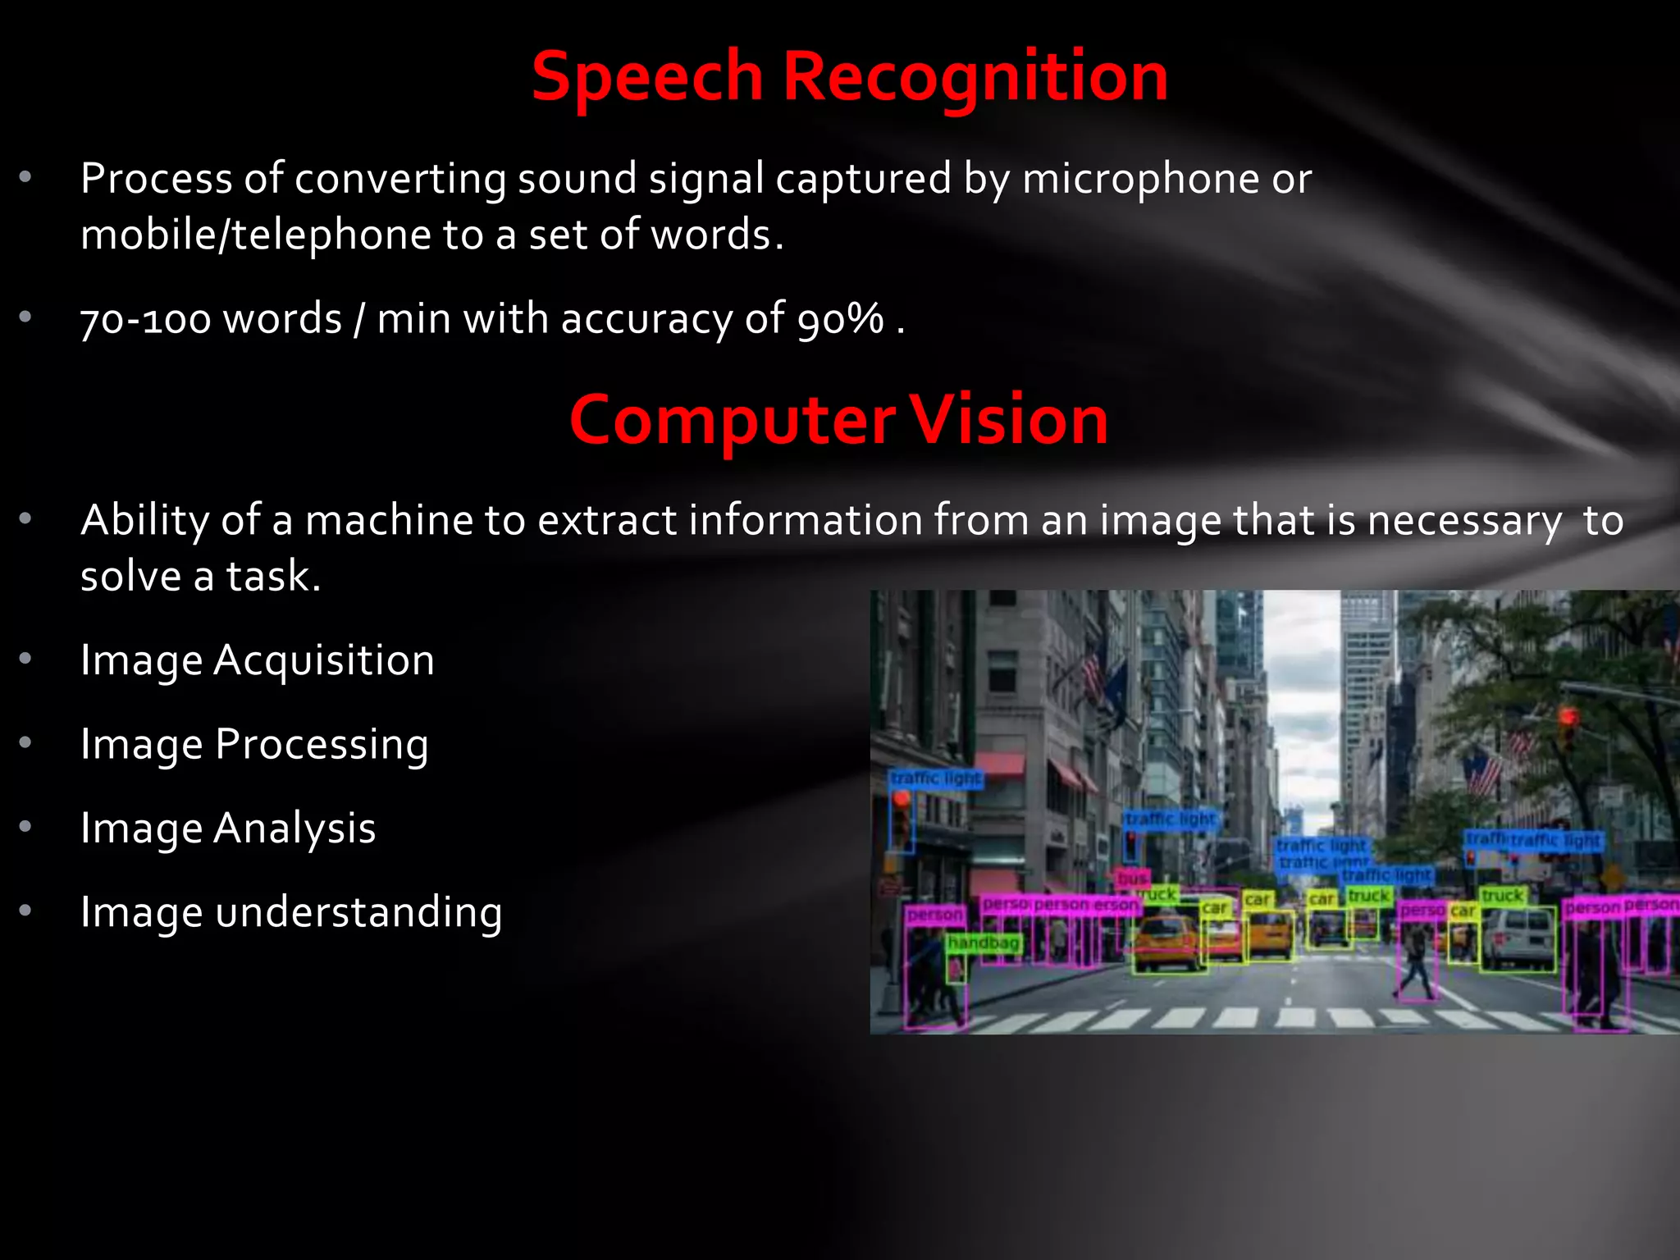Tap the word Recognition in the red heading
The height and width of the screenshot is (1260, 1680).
(x=975, y=77)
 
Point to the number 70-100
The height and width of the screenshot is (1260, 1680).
(x=145, y=319)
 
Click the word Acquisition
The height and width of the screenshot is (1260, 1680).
(x=324, y=660)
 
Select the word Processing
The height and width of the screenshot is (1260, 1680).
(x=322, y=745)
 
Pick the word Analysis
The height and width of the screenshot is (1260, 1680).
(x=294, y=829)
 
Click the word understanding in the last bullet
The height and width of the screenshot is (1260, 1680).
(x=358, y=912)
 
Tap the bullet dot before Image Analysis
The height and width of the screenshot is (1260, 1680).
(x=25, y=826)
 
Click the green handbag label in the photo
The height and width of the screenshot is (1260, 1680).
(x=983, y=943)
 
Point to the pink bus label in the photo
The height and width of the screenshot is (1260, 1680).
(x=1132, y=879)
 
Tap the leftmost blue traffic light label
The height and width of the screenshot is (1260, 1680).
(x=936, y=778)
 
